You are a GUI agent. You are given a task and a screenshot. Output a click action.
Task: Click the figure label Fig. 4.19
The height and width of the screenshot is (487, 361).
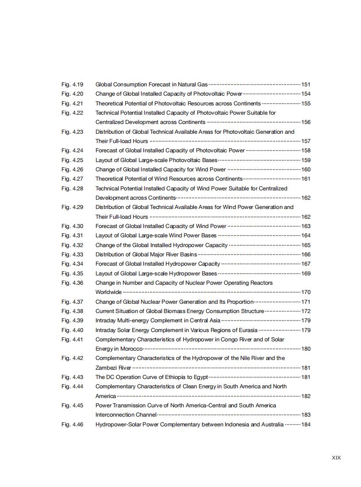click(72, 84)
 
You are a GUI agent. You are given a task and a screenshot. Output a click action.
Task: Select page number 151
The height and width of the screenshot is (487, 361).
click(306, 85)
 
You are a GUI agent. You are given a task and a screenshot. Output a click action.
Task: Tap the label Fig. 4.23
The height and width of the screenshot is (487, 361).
click(72, 131)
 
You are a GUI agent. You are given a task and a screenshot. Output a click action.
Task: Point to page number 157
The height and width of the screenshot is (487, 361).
click(306, 141)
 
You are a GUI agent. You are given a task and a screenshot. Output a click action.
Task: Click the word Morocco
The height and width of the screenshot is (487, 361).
click(131, 349)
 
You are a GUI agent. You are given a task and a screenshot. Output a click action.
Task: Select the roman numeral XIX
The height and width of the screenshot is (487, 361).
click(336, 458)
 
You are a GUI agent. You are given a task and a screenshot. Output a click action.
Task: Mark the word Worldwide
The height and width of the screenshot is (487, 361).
click(108, 292)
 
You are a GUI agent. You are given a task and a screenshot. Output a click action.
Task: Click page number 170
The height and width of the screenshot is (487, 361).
click(306, 292)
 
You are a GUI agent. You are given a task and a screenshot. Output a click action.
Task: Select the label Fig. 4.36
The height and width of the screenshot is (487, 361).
click(72, 283)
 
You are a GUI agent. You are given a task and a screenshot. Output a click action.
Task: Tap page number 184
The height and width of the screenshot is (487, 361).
click(306, 425)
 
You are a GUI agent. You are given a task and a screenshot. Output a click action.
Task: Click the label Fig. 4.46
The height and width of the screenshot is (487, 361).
click(72, 425)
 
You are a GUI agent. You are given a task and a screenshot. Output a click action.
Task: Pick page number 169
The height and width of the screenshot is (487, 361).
click(306, 274)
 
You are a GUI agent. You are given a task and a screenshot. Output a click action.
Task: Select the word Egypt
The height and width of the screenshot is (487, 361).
click(200, 377)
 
